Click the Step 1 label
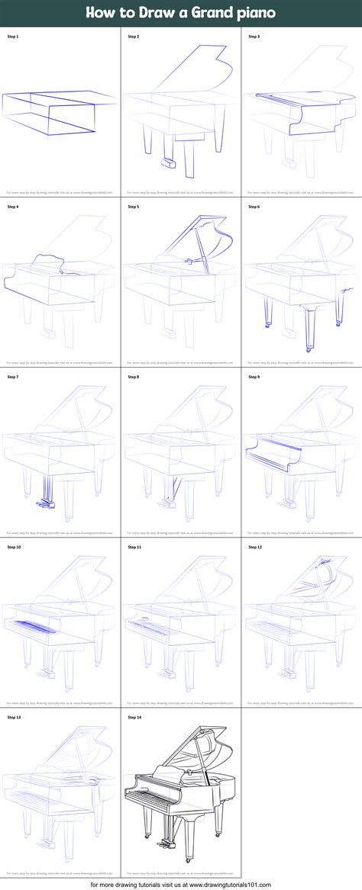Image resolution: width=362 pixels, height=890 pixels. (12, 37)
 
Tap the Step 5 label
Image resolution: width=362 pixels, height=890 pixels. (133, 207)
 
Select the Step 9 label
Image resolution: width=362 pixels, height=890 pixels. (254, 377)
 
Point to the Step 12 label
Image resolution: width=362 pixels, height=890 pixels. (254, 547)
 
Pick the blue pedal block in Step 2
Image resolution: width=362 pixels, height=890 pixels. (168, 162)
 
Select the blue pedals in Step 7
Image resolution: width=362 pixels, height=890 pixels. (43, 503)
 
